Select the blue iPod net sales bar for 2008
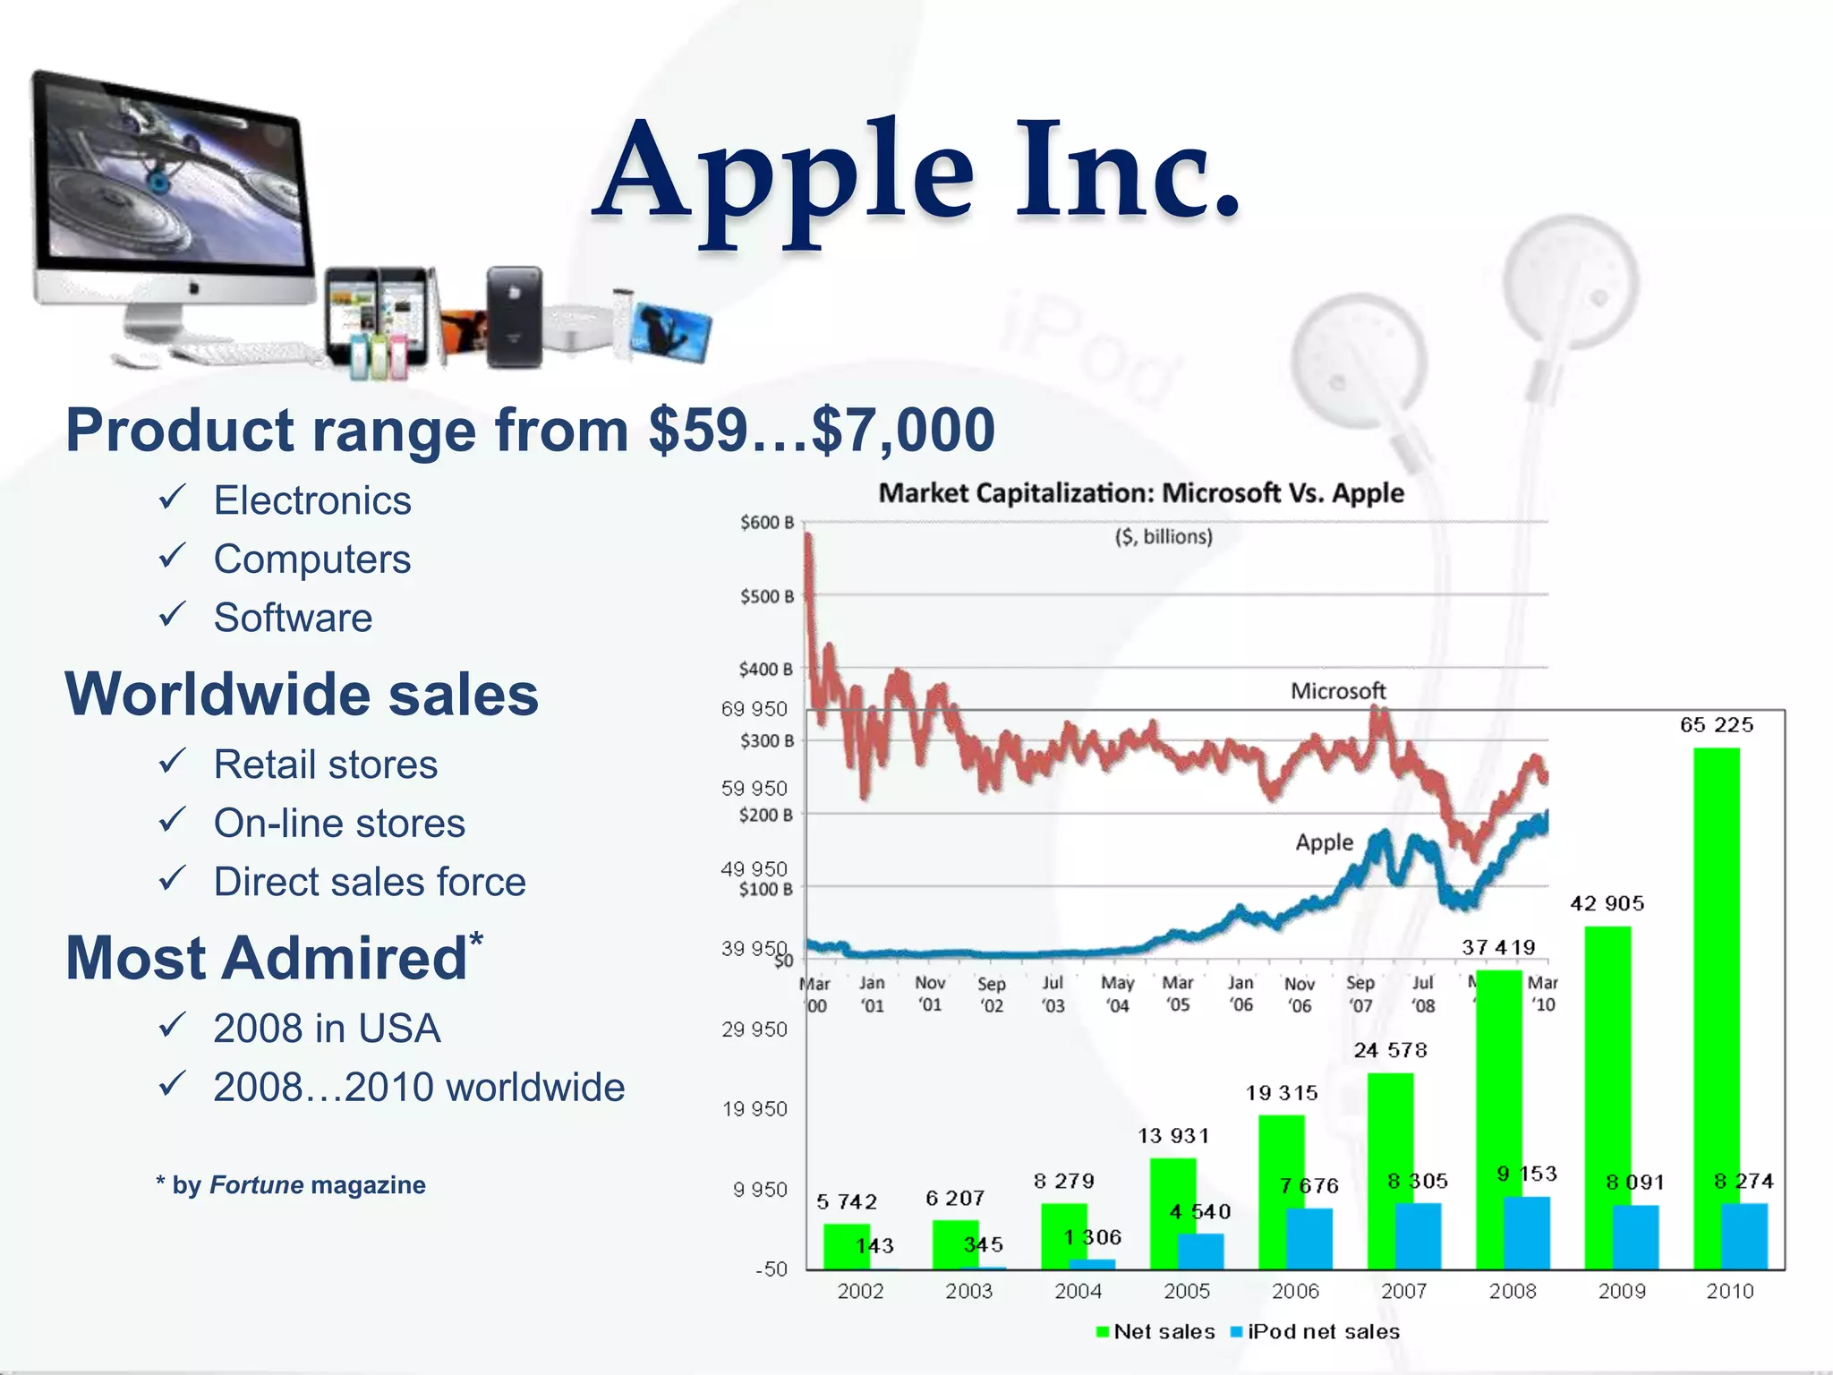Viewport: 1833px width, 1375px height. click(x=1527, y=1233)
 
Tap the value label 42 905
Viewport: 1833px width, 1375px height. click(x=1607, y=903)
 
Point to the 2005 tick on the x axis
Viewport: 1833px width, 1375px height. click(x=1186, y=1291)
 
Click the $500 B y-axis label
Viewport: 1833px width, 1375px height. click(x=766, y=596)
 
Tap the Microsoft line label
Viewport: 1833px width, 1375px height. click(x=1337, y=691)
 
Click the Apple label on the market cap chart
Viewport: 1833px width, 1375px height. click(x=1324, y=842)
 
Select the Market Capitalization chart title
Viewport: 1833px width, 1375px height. click(x=1141, y=492)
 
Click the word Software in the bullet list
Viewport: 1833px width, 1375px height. click(x=293, y=618)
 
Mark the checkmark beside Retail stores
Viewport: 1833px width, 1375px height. click(x=171, y=762)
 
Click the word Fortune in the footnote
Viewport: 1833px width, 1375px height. click(x=256, y=1185)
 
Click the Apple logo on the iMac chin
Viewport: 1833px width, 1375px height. click(x=193, y=288)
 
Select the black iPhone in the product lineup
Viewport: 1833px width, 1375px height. click(x=514, y=317)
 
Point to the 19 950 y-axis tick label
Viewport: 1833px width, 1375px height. click(x=755, y=1109)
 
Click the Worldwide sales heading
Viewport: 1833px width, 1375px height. click(x=302, y=694)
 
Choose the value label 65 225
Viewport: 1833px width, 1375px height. click(x=1716, y=724)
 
